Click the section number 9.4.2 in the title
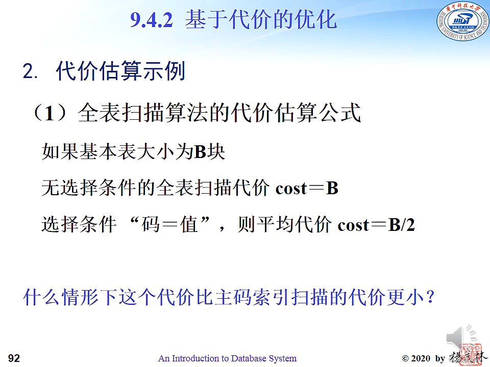click(152, 20)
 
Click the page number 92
click(14, 358)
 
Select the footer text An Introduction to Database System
click(227, 358)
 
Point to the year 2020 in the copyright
click(421, 358)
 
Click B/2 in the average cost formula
click(401, 224)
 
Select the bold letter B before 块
click(200, 152)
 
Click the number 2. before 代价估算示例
click(30, 71)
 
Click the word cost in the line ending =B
click(291, 189)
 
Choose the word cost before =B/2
click(353, 225)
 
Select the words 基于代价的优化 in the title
click(261, 19)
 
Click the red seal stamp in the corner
click(472, 355)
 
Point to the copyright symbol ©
click(405, 358)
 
